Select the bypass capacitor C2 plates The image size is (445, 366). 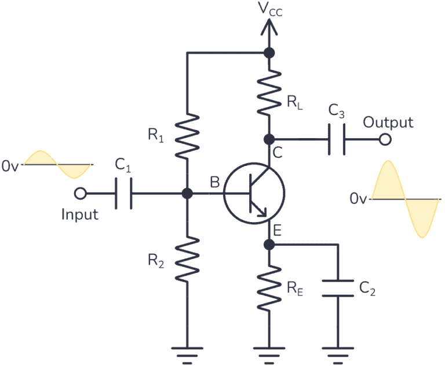337,288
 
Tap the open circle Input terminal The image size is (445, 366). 81,193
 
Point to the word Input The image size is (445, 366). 80,215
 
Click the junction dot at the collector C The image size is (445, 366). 269,139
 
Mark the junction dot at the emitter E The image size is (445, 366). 269,245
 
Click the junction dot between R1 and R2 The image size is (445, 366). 187,194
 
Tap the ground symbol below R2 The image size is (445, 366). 187,352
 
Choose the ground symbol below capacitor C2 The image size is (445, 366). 337,352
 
